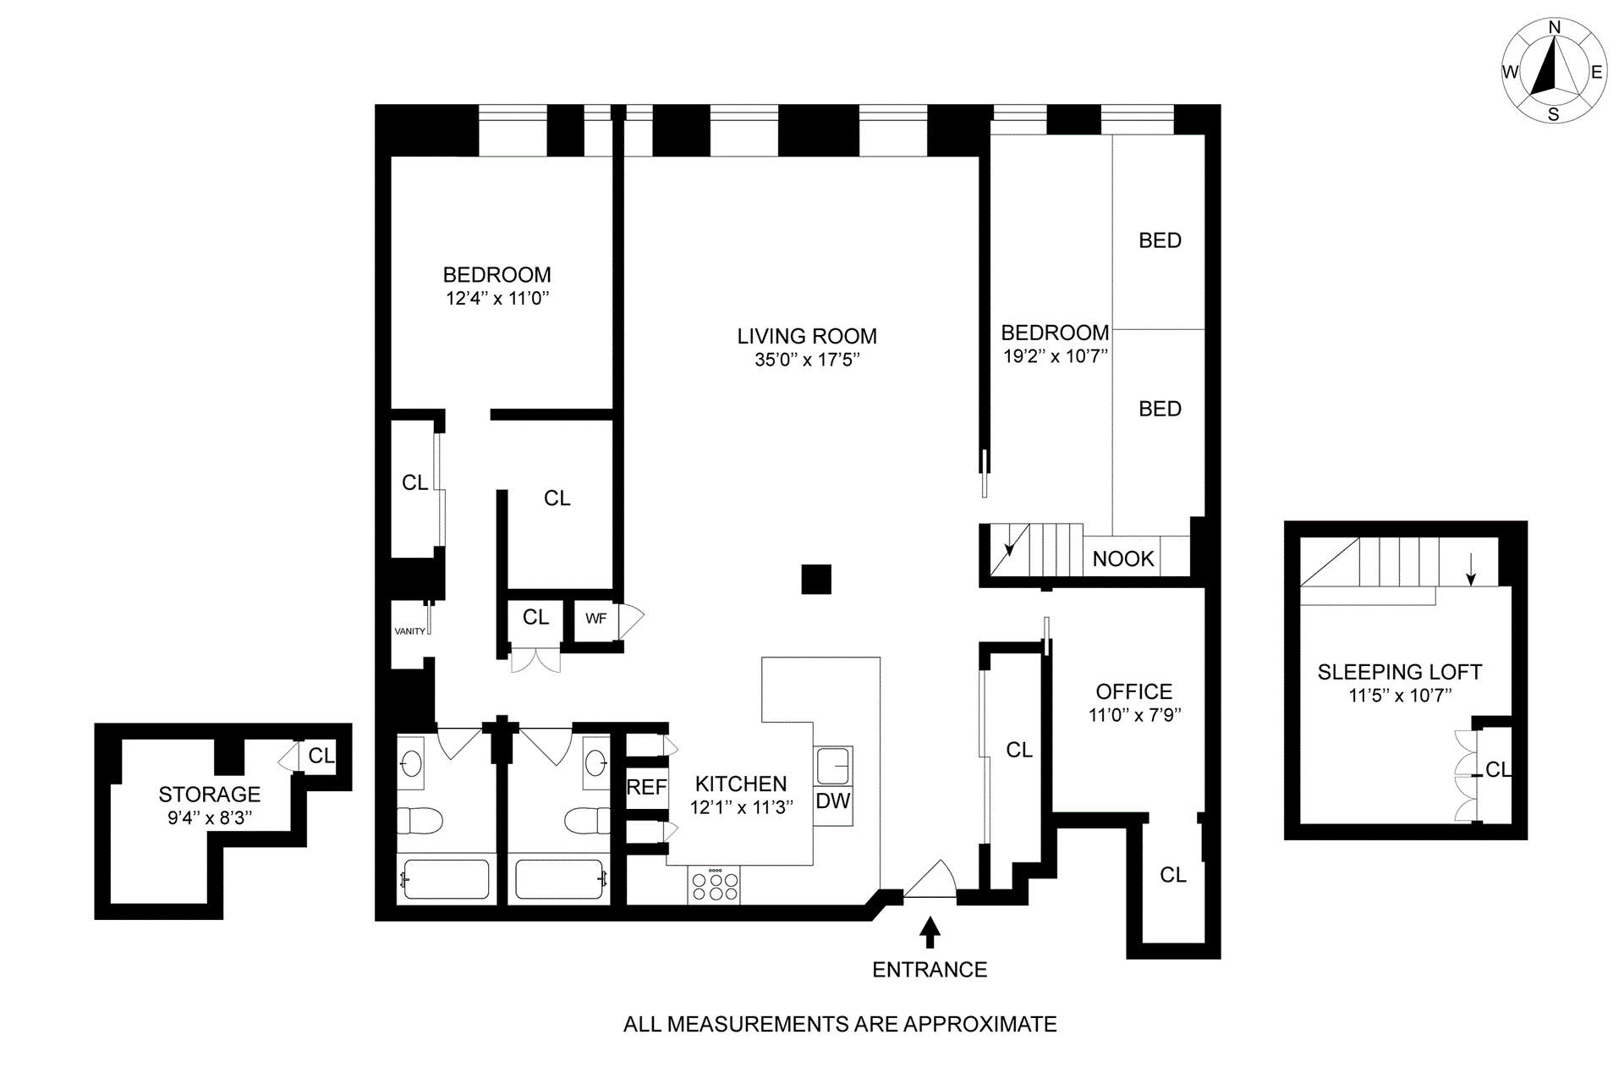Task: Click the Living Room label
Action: [806, 336]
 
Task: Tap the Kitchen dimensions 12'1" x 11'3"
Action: [741, 807]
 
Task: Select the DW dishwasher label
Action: [832, 801]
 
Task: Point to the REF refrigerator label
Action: [646, 788]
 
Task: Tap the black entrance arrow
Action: [930, 932]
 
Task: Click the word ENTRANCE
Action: [930, 970]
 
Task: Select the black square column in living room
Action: [816, 580]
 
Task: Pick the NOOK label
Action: [1123, 559]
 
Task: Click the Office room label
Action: [1133, 691]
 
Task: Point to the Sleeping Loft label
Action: [1399, 673]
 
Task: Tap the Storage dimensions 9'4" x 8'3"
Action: [210, 817]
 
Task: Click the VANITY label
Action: [410, 631]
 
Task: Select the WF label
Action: [595, 619]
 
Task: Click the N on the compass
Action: [1554, 28]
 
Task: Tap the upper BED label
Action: [1160, 241]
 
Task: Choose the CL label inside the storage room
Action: [321, 756]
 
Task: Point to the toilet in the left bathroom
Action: [420, 820]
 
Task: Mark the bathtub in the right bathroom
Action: [559, 879]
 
